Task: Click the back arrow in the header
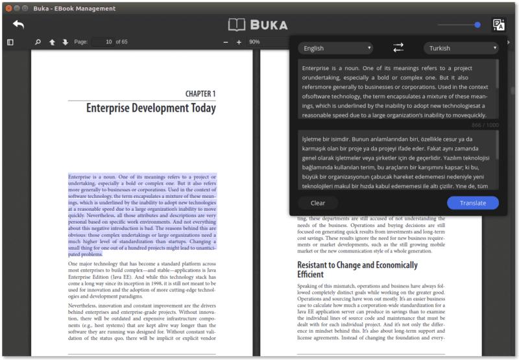point(18,25)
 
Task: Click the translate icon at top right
point(498,25)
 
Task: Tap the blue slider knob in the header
point(477,25)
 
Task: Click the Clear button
point(318,203)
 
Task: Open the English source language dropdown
point(335,48)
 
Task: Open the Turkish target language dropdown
point(461,48)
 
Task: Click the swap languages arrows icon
point(398,48)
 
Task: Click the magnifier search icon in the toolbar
point(38,42)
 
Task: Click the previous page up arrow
point(52,42)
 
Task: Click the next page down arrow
point(65,42)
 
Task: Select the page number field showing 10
point(103,42)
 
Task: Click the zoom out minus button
point(226,42)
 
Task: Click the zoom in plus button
point(239,42)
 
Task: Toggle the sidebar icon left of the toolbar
point(10,42)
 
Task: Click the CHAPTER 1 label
point(200,93)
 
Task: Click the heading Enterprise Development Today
point(151,108)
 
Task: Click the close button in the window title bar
point(8,8)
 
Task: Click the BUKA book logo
point(258,25)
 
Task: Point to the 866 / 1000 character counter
point(485,125)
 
